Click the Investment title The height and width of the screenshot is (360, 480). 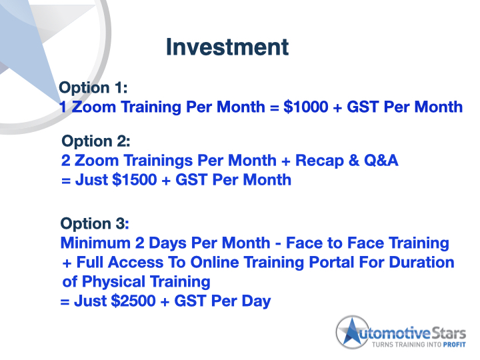[x=227, y=48]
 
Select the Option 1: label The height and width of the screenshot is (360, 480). [x=93, y=88]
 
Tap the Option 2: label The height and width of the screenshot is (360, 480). [x=95, y=141]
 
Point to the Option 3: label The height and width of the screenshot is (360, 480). [x=94, y=223]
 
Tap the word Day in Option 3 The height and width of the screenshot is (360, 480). [x=255, y=301]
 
